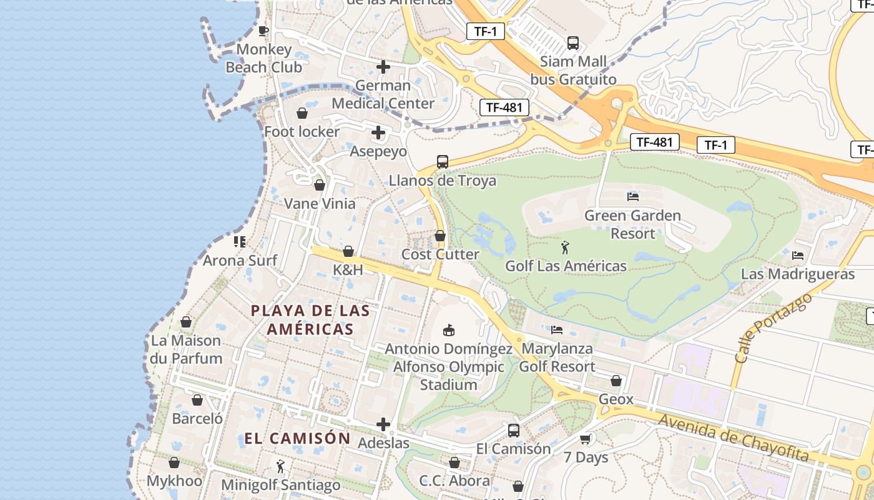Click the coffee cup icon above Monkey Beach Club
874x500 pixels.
point(263,31)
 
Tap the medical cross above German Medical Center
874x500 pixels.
point(383,67)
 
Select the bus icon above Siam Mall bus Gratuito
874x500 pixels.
point(572,43)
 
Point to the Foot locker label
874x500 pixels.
point(302,132)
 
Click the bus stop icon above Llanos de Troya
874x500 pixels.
point(442,162)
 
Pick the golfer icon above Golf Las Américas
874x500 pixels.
point(565,247)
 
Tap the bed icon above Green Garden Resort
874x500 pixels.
point(632,197)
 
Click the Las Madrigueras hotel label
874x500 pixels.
point(797,274)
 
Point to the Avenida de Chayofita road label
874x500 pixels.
point(734,437)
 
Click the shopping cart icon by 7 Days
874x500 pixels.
point(585,439)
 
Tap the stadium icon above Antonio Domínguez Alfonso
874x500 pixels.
point(448,329)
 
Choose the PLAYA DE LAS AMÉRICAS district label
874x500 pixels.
point(310,319)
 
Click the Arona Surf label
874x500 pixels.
point(240,260)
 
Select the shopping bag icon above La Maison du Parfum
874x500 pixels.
point(185,322)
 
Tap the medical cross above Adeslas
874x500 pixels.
point(383,425)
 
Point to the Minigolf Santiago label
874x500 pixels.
point(281,484)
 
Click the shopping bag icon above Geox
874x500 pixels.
point(616,381)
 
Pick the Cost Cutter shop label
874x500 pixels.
point(440,254)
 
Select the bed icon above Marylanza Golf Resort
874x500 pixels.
point(557,329)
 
